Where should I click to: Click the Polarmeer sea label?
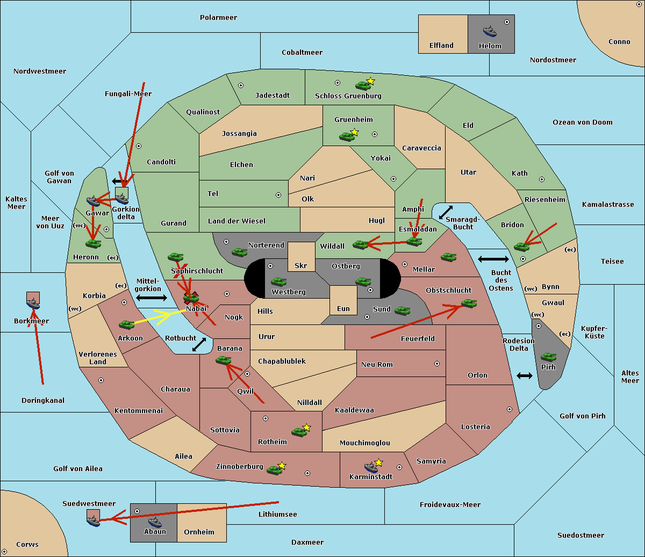(x=218, y=18)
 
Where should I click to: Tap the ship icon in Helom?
(x=489, y=31)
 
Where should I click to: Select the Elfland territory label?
(x=441, y=46)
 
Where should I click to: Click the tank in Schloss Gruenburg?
(x=363, y=85)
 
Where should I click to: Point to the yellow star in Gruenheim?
(x=354, y=132)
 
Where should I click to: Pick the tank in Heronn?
(x=94, y=243)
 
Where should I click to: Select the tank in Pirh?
(x=548, y=357)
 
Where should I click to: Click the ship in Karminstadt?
(x=371, y=467)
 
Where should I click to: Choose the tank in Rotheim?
(x=299, y=431)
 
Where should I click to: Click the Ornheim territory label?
(x=199, y=532)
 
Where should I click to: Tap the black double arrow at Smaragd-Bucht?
(x=446, y=212)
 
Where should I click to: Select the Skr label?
(x=301, y=266)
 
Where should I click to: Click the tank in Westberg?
(x=278, y=281)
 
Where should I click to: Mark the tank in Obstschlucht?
(x=469, y=303)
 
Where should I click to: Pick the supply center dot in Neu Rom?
(x=437, y=364)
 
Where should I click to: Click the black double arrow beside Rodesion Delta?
(x=525, y=375)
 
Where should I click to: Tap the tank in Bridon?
(x=521, y=247)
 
